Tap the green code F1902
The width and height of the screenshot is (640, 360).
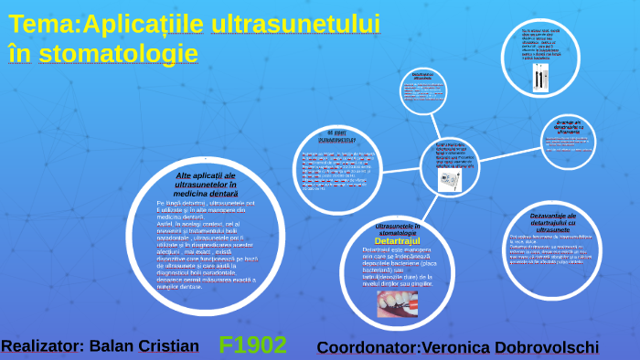(253, 345)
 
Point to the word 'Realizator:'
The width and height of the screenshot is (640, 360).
(43, 346)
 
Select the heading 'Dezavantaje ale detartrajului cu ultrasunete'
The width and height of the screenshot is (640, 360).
(553, 224)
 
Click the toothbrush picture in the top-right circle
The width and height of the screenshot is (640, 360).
(539, 78)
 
